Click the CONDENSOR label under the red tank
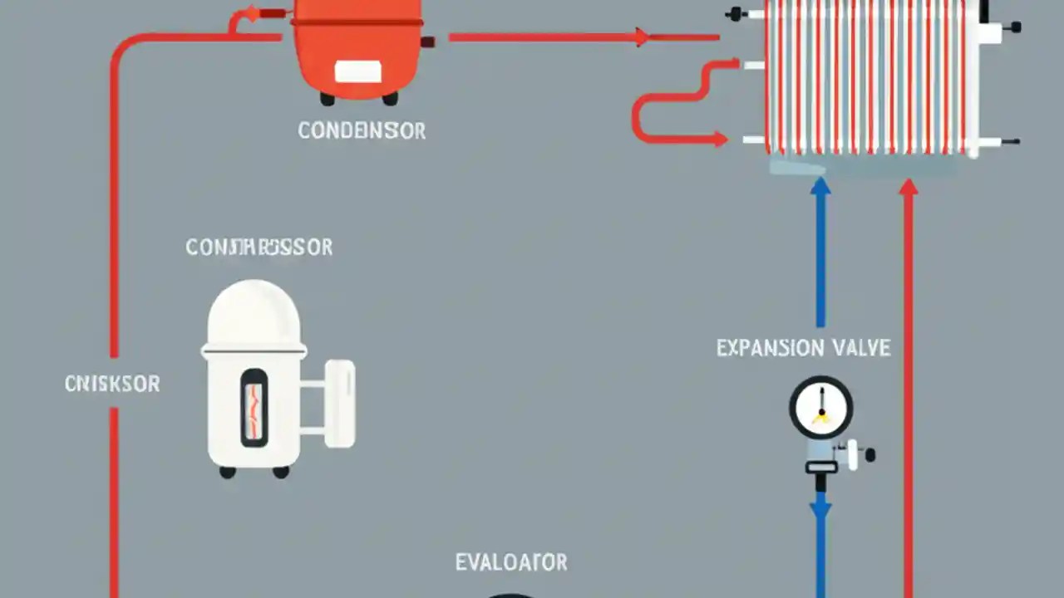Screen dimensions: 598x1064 coord(362,130)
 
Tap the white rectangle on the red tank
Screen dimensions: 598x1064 coord(358,72)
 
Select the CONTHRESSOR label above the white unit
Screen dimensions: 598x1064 coord(259,247)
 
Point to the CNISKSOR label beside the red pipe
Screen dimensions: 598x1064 coord(112,384)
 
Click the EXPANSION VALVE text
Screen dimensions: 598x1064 coord(803,347)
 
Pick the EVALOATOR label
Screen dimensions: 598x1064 coord(511,562)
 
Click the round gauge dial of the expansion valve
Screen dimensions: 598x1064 coord(820,407)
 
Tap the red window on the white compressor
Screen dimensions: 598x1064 coord(254,407)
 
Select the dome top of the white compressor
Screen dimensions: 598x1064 coord(254,311)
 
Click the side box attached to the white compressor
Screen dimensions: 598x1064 coord(340,404)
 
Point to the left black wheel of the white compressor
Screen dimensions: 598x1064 coord(227,472)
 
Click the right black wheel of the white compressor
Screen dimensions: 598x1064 coord(281,472)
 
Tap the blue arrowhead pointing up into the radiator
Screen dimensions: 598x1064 coord(820,187)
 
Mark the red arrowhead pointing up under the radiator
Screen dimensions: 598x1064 coord(909,189)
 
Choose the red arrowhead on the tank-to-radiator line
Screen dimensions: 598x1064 coord(641,37)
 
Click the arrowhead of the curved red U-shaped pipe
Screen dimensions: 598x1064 coord(719,140)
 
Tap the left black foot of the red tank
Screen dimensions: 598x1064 coord(328,99)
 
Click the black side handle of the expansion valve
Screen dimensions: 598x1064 coord(869,454)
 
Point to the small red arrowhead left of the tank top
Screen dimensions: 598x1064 coord(249,15)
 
